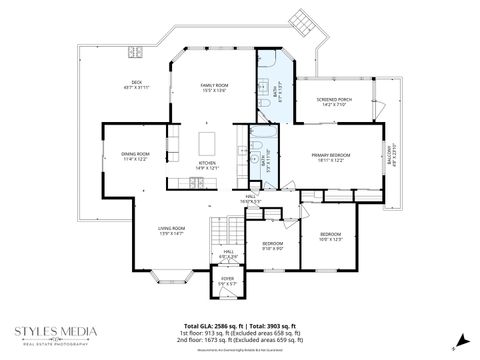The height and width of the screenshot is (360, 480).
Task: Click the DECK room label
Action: tap(136, 84)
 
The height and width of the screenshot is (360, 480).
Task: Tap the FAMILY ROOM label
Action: tap(213, 88)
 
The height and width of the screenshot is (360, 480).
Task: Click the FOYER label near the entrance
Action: tap(228, 280)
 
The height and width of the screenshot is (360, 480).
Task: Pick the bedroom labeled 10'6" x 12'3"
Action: tap(331, 236)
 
